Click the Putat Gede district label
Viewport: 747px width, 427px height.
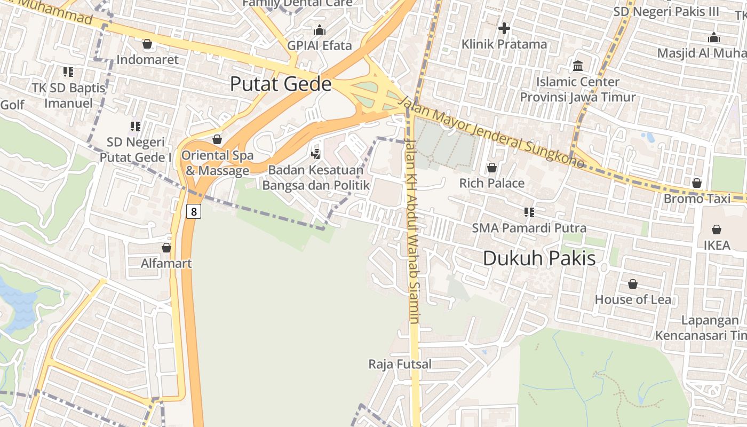click(281, 84)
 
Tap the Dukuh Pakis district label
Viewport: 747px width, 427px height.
click(539, 258)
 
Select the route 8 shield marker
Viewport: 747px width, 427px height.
click(193, 211)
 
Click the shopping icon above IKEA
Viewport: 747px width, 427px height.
click(716, 230)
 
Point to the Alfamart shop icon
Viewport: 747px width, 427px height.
click(166, 248)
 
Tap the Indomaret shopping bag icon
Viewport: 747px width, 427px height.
click(147, 44)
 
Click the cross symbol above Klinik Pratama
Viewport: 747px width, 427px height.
click(504, 28)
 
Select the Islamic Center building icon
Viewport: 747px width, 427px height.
click(577, 66)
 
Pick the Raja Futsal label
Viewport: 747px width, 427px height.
click(400, 365)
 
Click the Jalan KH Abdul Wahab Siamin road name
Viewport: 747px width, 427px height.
click(413, 230)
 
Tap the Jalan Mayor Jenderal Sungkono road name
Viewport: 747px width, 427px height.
click(491, 131)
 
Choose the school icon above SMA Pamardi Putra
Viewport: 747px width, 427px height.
click(529, 212)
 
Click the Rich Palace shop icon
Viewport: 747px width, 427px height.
click(491, 168)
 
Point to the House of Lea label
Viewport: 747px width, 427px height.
click(633, 299)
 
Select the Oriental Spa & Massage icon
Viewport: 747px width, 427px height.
click(217, 140)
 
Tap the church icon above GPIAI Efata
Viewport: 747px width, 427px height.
click(320, 30)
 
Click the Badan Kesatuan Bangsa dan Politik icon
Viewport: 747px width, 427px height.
click(315, 154)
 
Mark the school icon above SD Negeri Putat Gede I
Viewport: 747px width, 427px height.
click(135, 126)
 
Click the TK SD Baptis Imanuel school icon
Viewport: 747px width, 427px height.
click(68, 72)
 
